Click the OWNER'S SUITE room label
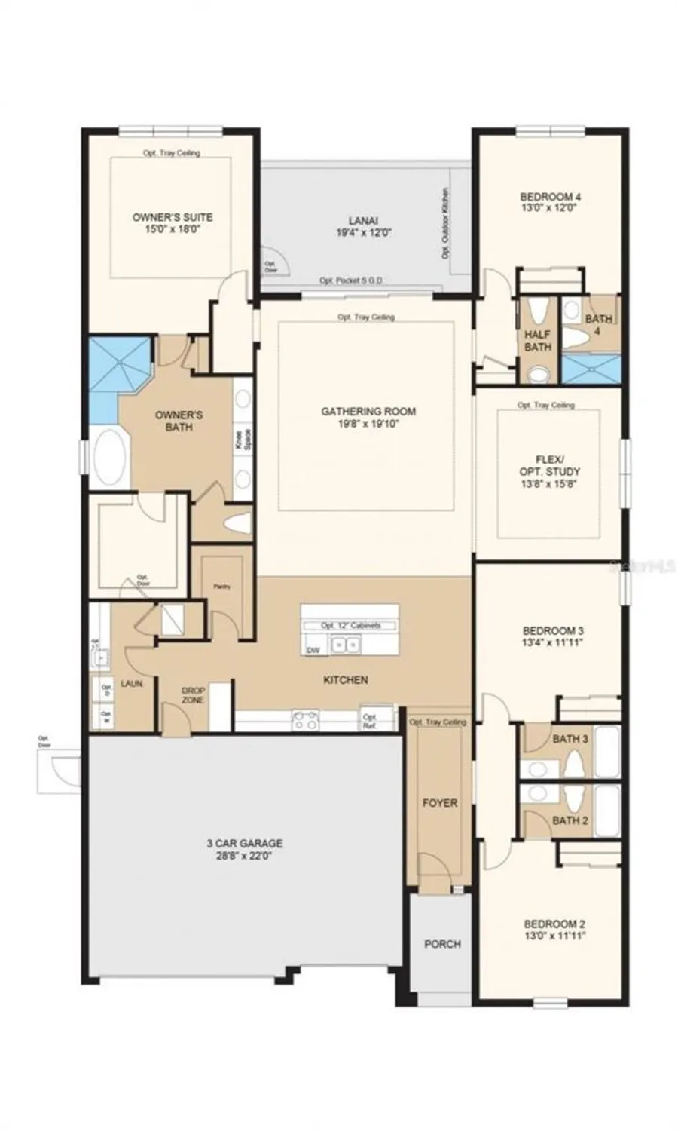tap(173, 217)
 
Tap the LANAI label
tap(363, 221)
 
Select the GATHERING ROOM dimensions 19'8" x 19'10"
tap(369, 425)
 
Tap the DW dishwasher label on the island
tap(313, 650)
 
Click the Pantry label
tap(221, 587)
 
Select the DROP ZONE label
tap(193, 695)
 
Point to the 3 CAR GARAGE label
tap(245, 844)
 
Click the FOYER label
tap(439, 803)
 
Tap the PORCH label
tap(442, 944)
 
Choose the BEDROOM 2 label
tap(554, 924)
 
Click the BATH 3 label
tap(570, 739)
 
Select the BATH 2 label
tap(570, 820)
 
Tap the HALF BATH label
tap(538, 341)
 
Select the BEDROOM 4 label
tap(551, 198)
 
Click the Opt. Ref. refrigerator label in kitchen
tap(369, 722)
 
